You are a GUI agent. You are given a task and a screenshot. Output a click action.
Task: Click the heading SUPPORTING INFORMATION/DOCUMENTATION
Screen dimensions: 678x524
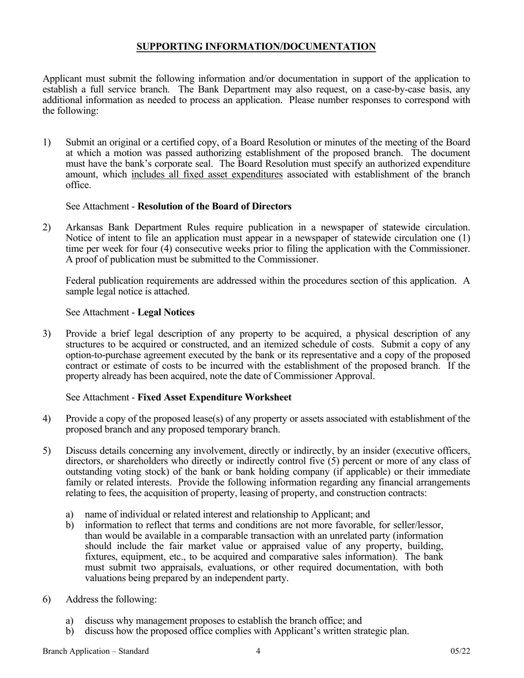pyautogui.click(x=256, y=47)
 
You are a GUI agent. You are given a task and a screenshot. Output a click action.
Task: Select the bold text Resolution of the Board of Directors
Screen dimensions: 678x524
pyautogui.click(x=214, y=207)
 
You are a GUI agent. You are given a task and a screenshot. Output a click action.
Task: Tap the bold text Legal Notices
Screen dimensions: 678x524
pyautogui.click(x=165, y=313)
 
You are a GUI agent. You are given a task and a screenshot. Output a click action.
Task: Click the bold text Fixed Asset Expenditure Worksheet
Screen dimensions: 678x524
pyautogui.click(x=214, y=397)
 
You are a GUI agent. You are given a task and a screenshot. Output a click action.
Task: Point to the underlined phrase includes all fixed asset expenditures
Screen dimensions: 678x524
pyautogui.click(x=207, y=175)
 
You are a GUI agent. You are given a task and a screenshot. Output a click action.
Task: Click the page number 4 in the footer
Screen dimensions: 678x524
pyautogui.click(x=258, y=652)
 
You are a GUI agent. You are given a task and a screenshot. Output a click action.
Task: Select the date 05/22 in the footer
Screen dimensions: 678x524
pyautogui.click(x=460, y=652)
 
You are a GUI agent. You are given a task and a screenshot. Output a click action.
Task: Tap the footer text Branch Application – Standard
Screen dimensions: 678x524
pyautogui.click(x=95, y=652)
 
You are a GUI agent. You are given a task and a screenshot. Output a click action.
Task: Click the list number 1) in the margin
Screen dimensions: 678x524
pyautogui.click(x=47, y=143)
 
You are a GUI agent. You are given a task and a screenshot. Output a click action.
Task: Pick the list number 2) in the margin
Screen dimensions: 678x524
pyautogui.click(x=47, y=228)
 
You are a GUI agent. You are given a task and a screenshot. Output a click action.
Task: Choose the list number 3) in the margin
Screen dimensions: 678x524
pyautogui.click(x=47, y=333)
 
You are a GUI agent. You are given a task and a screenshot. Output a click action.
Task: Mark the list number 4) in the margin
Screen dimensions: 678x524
pyautogui.click(x=47, y=419)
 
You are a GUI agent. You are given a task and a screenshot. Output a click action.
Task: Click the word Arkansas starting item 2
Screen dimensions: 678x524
pyautogui.click(x=83, y=228)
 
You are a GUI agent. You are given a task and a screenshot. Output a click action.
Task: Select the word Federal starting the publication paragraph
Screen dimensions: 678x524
pyautogui.click(x=81, y=281)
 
